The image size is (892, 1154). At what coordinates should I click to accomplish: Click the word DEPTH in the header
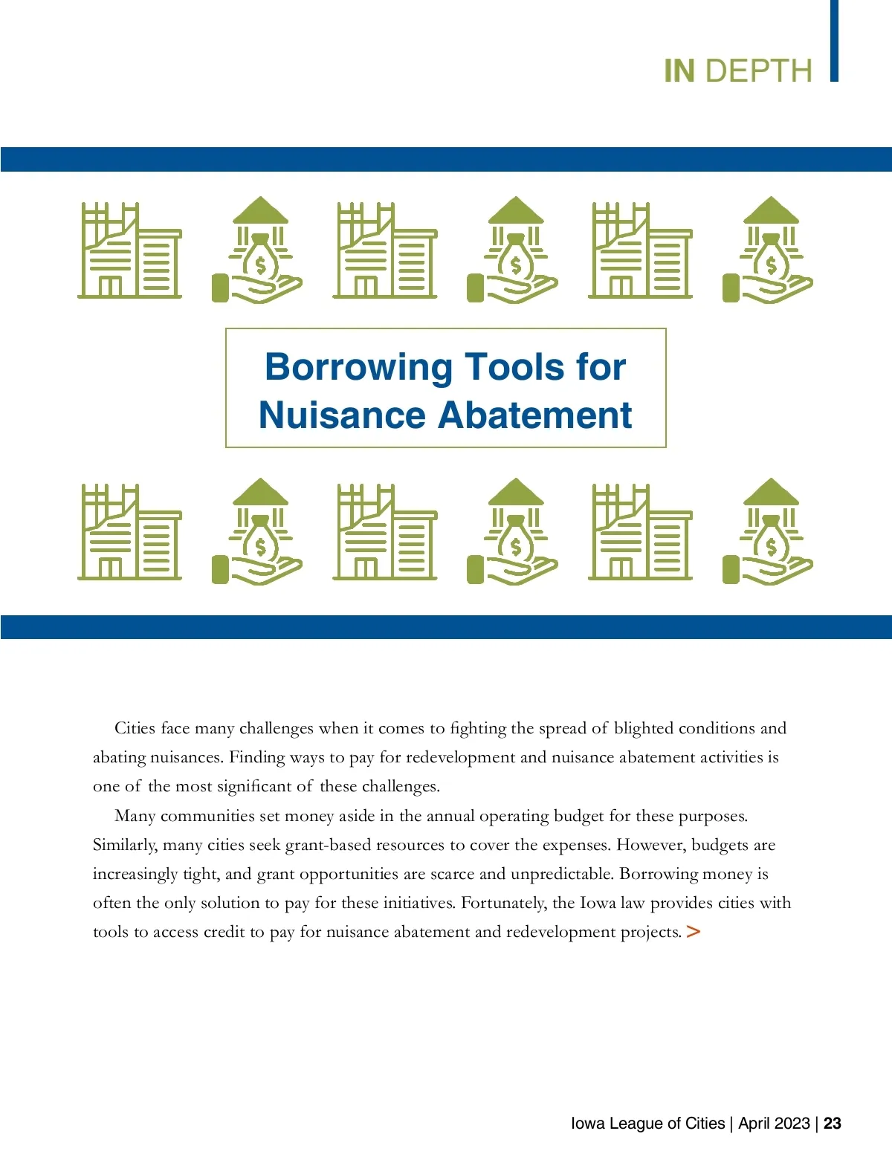[758, 71]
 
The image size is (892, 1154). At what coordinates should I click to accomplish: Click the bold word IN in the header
[679, 71]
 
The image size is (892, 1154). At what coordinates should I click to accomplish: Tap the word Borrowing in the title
[358, 367]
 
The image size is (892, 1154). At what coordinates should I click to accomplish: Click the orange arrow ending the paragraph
[693, 931]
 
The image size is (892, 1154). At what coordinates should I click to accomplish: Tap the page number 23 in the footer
[833, 1123]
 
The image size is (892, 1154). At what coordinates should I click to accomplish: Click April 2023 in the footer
[774, 1123]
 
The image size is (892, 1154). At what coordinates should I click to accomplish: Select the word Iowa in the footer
[587, 1123]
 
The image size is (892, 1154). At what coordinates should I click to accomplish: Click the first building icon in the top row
[130, 250]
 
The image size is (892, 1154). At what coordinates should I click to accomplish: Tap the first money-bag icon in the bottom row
[257, 531]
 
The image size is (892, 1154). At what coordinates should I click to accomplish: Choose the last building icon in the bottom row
[640, 531]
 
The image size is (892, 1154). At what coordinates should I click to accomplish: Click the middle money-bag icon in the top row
[513, 250]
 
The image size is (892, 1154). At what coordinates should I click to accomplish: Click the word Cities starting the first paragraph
[135, 728]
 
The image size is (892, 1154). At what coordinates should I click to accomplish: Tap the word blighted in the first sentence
[643, 728]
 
